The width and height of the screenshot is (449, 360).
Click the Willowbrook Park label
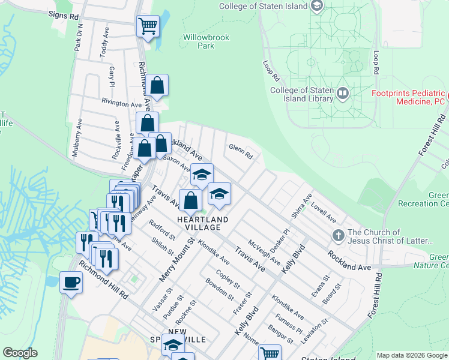(x=205, y=41)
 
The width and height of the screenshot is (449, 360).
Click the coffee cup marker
(x=71, y=281)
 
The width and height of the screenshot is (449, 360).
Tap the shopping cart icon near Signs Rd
(x=148, y=26)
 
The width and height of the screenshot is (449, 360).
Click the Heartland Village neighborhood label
(x=202, y=224)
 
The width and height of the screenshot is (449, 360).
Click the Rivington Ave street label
(x=121, y=103)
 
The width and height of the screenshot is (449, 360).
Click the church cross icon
(x=338, y=236)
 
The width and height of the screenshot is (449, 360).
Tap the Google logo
(x=20, y=353)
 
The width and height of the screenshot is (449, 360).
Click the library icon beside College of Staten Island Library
(x=343, y=93)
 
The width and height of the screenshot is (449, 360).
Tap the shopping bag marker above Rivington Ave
(x=157, y=86)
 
